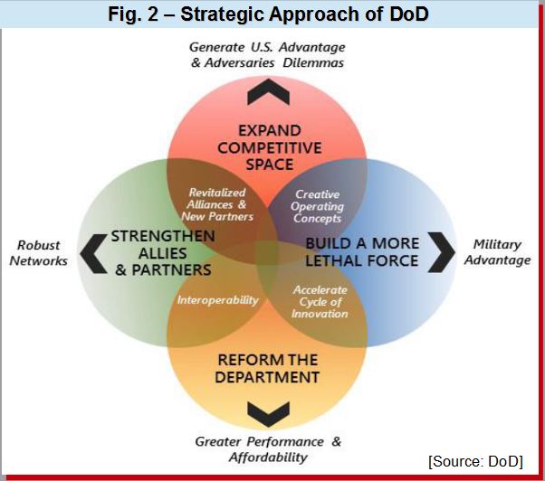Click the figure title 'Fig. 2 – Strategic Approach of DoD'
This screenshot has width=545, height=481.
[268, 14]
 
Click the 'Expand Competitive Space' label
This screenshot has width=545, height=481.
[270, 147]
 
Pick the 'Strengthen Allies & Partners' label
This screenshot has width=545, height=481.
[163, 253]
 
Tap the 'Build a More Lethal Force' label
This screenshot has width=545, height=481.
[362, 252]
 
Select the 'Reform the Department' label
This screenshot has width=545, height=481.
[267, 368]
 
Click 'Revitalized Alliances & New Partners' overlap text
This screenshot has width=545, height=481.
[217, 204]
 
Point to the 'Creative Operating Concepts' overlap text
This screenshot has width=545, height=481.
[317, 206]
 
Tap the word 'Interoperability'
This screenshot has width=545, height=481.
[218, 300]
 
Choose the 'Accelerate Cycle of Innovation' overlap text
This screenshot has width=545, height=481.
[320, 302]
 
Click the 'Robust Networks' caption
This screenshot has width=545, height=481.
[39, 252]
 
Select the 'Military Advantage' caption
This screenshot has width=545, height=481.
[498, 252]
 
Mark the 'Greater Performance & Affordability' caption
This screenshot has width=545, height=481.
[268, 449]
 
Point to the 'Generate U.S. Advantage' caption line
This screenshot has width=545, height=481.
[267, 47]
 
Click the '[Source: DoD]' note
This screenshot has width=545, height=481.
[476, 462]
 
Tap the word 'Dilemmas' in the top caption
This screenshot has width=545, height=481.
[313, 62]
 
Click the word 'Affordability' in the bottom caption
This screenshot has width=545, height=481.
[268, 457]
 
